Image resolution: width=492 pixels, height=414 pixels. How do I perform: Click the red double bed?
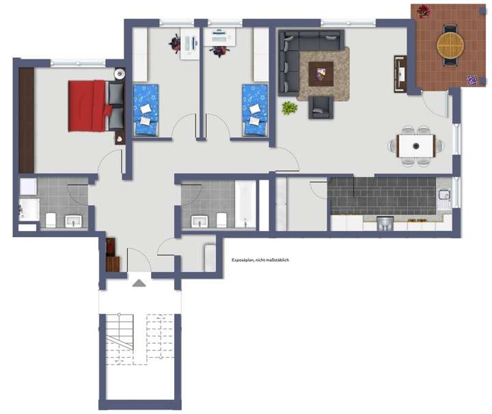point(89,106)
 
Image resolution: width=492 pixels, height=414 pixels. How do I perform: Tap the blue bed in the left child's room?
point(146,109)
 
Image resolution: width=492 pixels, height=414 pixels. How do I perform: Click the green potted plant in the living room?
point(290,107)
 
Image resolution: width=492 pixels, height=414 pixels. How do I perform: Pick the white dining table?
point(415,145)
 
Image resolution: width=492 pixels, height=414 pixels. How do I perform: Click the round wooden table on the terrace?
point(450,45)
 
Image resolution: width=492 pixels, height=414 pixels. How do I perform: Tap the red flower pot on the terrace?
point(423,11)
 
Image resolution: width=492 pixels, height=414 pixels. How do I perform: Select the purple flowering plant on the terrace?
point(472,79)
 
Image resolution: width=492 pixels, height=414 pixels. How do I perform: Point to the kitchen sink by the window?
point(444,195)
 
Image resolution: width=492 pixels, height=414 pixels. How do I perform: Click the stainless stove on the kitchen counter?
point(385,223)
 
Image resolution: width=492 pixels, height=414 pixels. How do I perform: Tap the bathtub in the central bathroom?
point(245,204)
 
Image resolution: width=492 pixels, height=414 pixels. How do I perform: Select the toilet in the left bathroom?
point(51,220)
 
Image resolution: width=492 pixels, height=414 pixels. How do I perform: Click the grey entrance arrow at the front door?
point(138,283)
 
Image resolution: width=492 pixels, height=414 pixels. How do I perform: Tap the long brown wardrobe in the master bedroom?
point(26,120)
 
